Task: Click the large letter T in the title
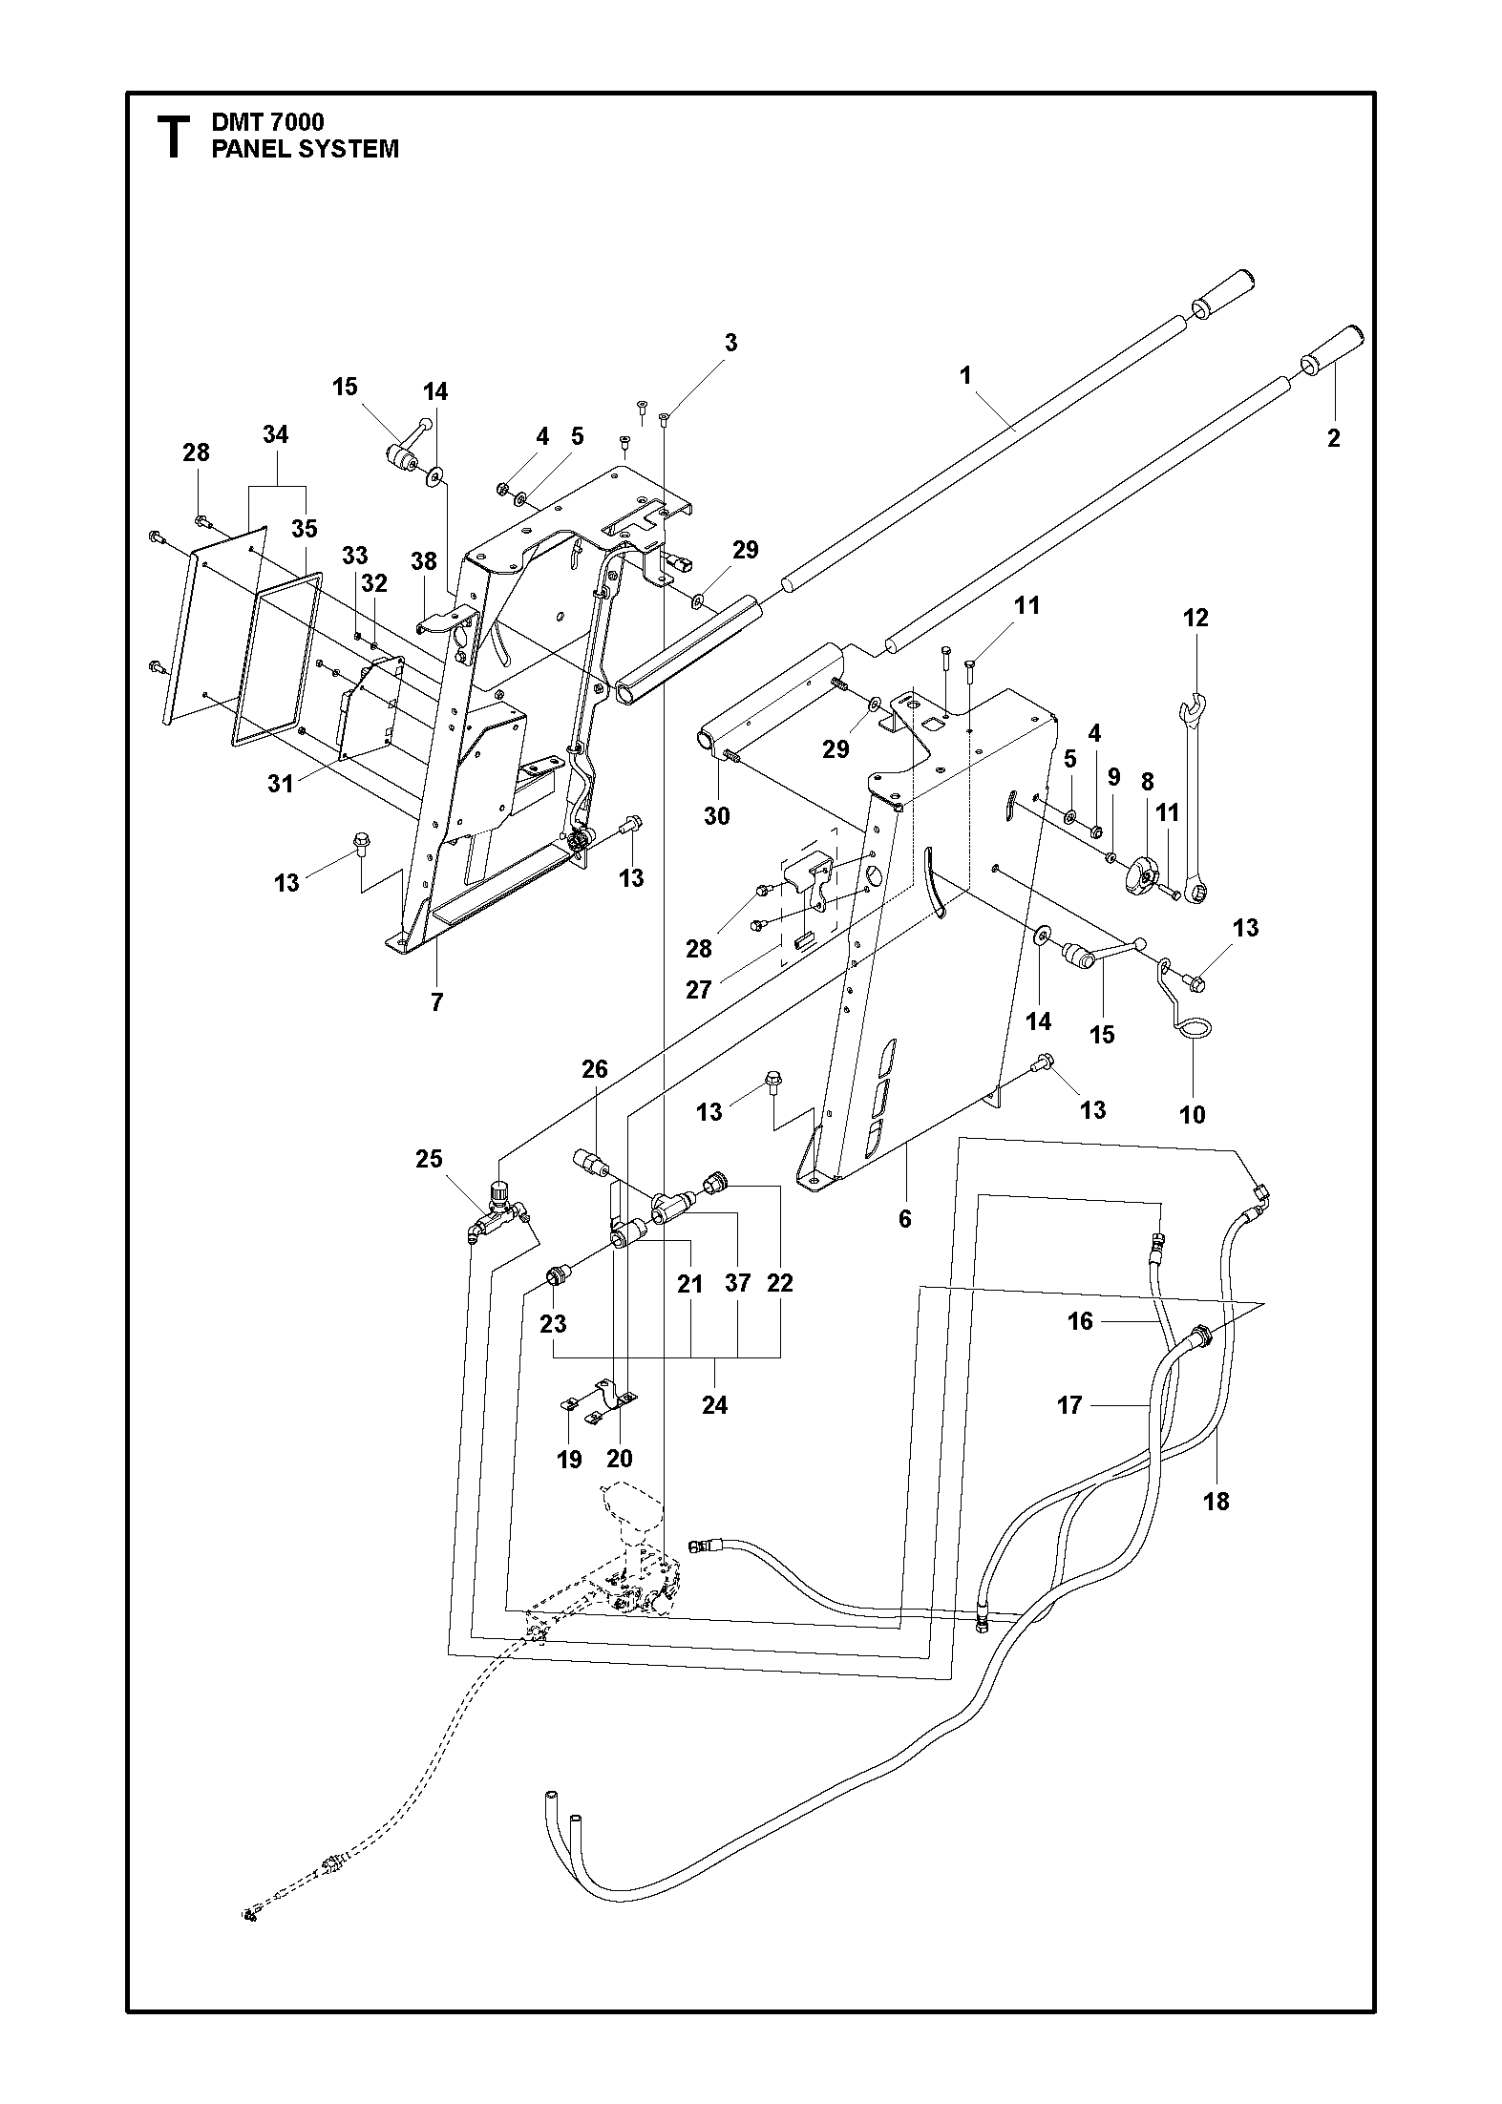tap(173, 137)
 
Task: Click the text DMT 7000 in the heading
tap(267, 122)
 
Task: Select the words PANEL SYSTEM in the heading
tap(306, 149)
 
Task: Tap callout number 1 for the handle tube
tap(965, 375)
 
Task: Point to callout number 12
tap(1195, 618)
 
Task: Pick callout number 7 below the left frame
tap(437, 1002)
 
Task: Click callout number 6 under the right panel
tap(905, 1218)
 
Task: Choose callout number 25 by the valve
tap(430, 1158)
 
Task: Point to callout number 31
tap(281, 783)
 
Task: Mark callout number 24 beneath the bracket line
tap(714, 1404)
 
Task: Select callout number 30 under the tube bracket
tap(717, 815)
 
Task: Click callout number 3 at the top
tap(730, 343)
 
